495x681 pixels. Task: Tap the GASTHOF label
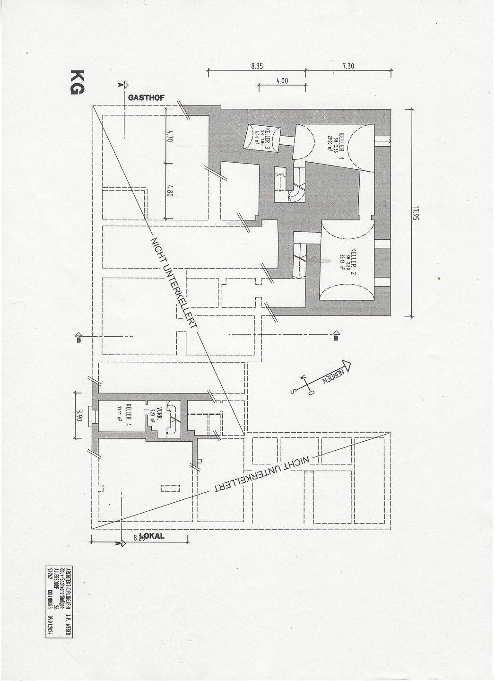point(147,97)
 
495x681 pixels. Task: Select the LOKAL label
point(152,536)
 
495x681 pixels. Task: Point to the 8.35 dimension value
point(257,67)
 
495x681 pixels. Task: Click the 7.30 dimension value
point(347,67)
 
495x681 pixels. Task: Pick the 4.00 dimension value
point(282,81)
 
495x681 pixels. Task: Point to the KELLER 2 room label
point(353,259)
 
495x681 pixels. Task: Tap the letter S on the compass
point(293,391)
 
